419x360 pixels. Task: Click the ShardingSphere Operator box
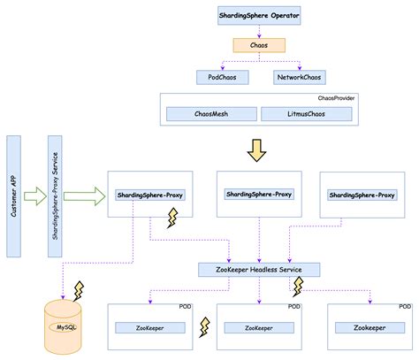(258, 15)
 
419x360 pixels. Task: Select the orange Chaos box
(258, 44)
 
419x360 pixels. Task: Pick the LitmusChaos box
(307, 114)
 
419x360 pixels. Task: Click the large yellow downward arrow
(258, 149)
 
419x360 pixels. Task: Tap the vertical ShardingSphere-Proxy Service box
(55, 195)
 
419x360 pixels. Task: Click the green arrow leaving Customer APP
(34, 194)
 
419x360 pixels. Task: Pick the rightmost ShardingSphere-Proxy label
(361, 195)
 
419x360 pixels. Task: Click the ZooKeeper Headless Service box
(258, 269)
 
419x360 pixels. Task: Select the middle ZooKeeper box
(259, 327)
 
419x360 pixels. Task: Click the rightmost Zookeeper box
(369, 327)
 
